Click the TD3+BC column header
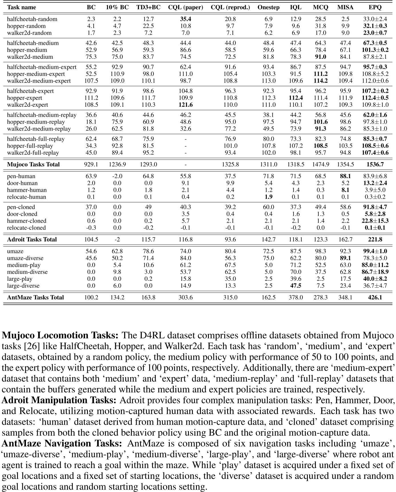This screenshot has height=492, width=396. (x=148, y=7)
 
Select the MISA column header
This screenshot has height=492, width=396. (x=345, y=7)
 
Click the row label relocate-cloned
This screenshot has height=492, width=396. (x=27, y=228)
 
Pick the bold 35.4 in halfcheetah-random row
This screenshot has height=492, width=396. (x=185, y=19)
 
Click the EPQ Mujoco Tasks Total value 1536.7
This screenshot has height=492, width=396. (x=375, y=164)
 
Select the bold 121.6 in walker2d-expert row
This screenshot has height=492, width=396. (x=185, y=105)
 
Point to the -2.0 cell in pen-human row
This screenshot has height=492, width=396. (x=117, y=176)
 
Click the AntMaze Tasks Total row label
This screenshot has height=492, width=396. (x=36, y=297)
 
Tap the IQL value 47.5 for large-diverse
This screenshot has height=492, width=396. (x=296, y=286)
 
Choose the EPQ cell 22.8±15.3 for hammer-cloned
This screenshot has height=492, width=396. (x=375, y=221)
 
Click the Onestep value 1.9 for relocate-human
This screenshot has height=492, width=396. (x=268, y=197)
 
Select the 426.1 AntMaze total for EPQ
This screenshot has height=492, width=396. (x=375, y=297)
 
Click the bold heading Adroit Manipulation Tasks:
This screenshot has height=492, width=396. (x=59, y=400)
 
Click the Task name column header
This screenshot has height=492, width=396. (x=22, y=7)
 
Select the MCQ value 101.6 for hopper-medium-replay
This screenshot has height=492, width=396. (x=320, y=122)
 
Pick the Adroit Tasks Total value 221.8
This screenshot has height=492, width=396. (x=375, y=239)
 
